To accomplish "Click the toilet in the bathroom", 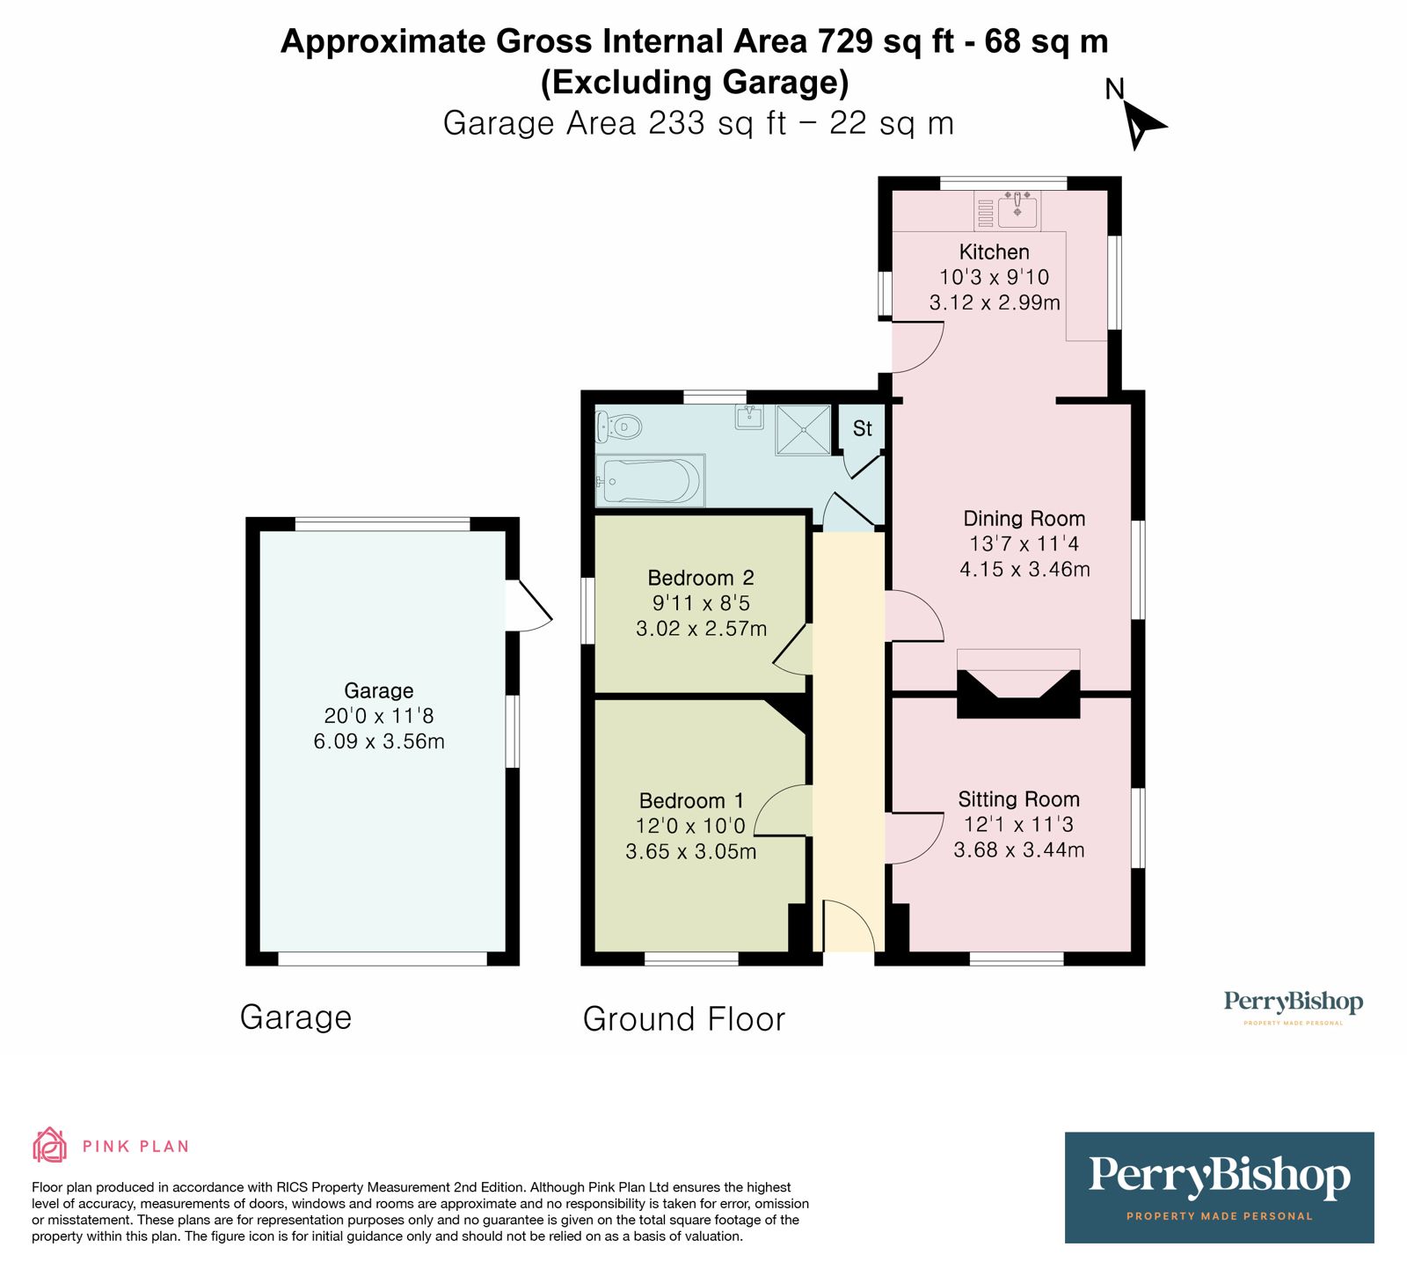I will click(x=620, y=428).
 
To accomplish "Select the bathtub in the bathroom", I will click(x=650, y=481).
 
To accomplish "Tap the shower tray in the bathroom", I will click(x=803, y=430).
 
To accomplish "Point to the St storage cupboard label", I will click(x=862, y=428).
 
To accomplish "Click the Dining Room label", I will click(x=1024, y=519).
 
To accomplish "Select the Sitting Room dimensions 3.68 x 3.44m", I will click(x=1018, y=849).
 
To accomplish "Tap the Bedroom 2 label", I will click(x=700, y=578).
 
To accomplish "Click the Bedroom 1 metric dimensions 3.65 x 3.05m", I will click(x=690, y=851).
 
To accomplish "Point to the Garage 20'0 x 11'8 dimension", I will click(x=378, y=716).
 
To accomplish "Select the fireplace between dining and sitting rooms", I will click(x=1017, y=693).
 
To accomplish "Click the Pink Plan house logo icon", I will click(x=49, y=1145).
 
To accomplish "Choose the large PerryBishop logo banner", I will click(x=1218, y=1186).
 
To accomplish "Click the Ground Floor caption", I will click(x=683, y=1019).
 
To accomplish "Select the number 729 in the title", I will click(x=847, y=41).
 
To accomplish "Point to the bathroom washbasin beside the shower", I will click(x=748, y=417).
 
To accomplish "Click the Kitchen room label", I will click(x=994, y=252).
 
